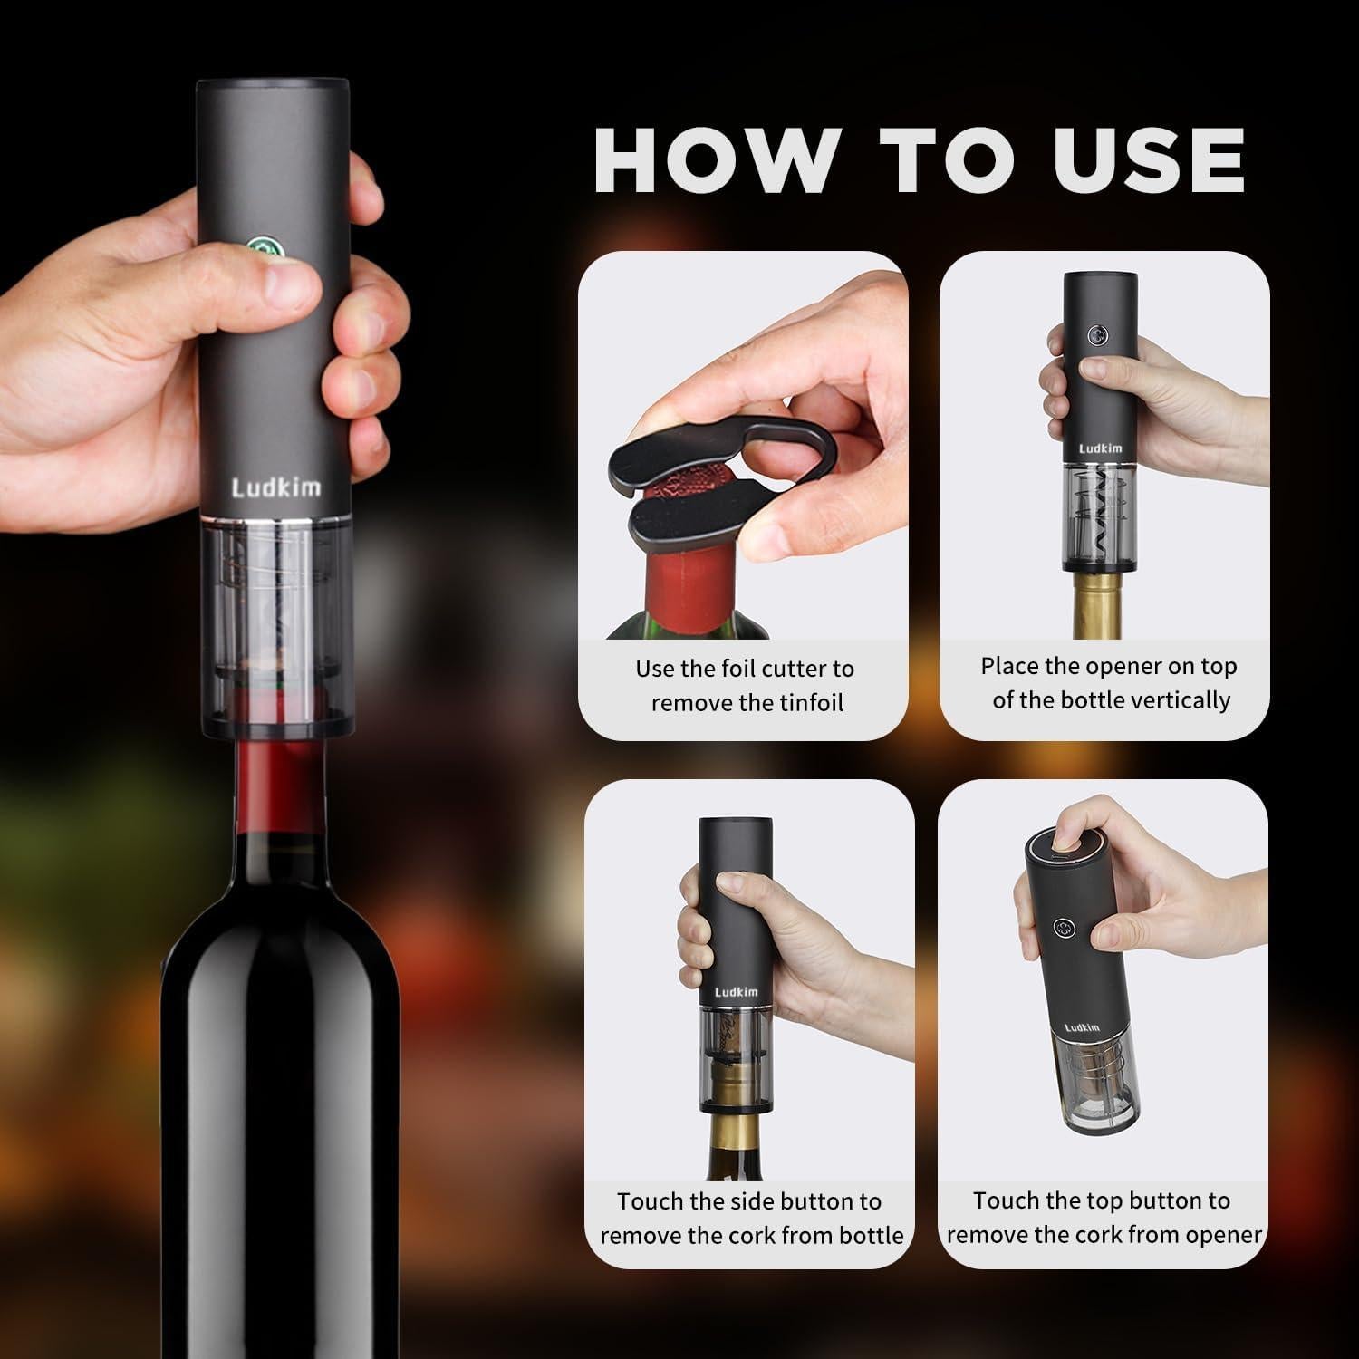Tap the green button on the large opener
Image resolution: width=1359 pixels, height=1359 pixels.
262,247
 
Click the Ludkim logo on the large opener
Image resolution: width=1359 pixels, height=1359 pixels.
275,487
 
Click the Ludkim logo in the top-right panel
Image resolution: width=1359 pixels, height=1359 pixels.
1100,448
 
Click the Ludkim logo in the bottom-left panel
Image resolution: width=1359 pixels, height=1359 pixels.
736,992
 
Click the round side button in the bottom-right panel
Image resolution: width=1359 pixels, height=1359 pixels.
1065,929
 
